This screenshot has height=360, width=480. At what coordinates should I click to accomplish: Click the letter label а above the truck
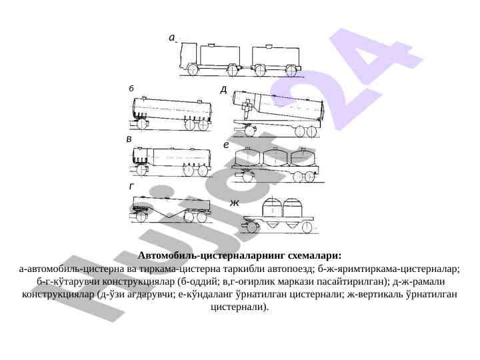(172, 37)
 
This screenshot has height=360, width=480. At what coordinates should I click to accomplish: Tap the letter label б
(131, 89)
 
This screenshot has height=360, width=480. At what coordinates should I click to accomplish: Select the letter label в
(129, 139)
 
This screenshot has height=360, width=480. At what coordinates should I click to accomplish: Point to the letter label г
(131, 186)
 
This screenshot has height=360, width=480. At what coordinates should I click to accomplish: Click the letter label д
(224, 90)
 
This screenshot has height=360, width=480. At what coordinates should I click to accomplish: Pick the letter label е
(226, 145)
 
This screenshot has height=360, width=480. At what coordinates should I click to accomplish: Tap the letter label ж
(235, 203)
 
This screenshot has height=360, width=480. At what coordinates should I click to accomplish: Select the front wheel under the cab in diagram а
(193, 70)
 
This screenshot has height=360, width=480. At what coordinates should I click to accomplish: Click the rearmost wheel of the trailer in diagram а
(291, 71)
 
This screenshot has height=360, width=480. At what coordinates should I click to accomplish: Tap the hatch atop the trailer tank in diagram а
(269, 46)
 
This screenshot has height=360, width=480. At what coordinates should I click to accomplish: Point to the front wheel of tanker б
(142, 125)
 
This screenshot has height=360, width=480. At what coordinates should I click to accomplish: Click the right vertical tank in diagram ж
(293, 207)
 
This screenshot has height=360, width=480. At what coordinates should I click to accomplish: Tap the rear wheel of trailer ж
(307, 228)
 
